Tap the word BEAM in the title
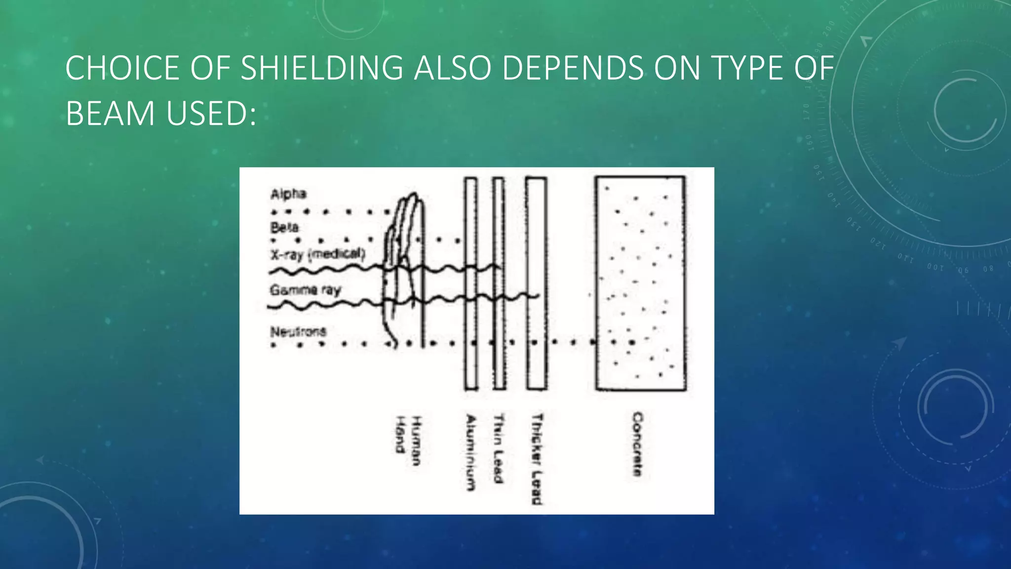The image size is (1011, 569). point(111,114)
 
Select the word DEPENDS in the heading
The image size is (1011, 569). point(573,68)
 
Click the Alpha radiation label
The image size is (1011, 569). point(288,194)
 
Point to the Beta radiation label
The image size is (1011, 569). point(284,228)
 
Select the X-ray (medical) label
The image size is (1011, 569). point(317,254)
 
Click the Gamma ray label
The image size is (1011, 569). point(305,289)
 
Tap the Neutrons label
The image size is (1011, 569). point(298,331)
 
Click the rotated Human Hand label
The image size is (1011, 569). point(408,441)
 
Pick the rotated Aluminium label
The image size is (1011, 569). point(471,452)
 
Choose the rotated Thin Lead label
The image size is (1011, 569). point(499,447)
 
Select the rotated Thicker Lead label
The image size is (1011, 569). point(537,458)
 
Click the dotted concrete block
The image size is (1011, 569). point(640,284)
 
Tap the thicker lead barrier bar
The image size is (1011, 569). point(536,284)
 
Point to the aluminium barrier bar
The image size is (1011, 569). point(471,284)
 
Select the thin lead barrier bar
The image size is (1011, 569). point(499,284)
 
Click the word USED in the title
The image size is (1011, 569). point(211,114)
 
